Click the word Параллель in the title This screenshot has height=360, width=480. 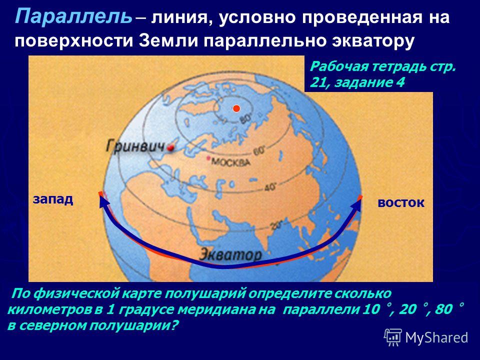(x=74, y=17)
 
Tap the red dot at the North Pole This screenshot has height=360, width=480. (x=236, y=108)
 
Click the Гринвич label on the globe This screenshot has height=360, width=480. (x=135, y=146)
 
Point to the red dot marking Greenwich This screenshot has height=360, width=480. (x=170, y=148)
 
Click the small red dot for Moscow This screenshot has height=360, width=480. (x=209, y=158)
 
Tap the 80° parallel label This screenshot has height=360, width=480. (x=245, y=118)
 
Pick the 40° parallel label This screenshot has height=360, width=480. (x=270, y=186)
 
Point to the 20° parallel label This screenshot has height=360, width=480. (x=276, y=226)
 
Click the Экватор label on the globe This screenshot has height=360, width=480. (x=230, y=254)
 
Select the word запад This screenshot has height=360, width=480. (x=53, y=199)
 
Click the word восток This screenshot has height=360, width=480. (x=401, y=202)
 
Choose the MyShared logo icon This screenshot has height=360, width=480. (x=393, y=337)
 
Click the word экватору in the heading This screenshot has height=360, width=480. (x=373, y=41)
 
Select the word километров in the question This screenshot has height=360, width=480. (x=54, y=309)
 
